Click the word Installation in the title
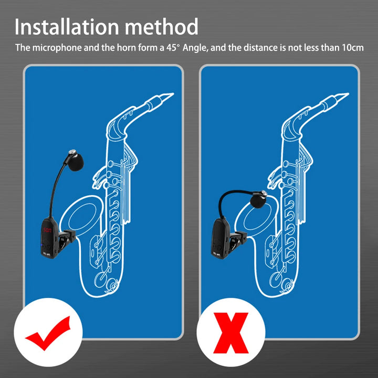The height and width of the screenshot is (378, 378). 67,27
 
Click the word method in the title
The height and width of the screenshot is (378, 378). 162,27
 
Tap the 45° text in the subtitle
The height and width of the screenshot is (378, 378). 173,47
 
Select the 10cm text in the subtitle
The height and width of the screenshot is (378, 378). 352,47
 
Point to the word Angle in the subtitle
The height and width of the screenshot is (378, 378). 195,48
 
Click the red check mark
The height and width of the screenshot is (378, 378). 48,333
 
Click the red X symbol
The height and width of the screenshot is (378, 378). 230,333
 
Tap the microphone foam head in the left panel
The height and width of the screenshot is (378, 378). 76,161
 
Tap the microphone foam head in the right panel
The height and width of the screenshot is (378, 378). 258,199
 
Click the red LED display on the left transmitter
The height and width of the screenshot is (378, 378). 47,230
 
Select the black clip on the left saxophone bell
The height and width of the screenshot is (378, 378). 66,240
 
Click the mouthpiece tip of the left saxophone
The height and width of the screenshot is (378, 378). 173,93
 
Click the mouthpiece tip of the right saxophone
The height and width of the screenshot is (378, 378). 348,93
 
